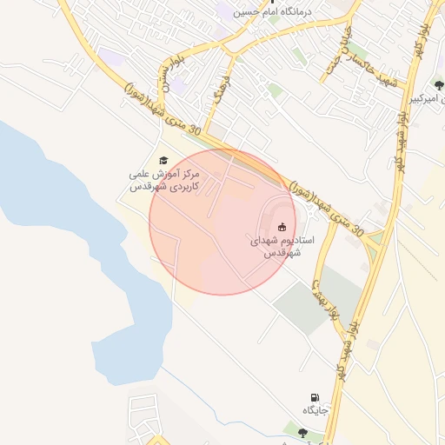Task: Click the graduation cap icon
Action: pyautogui.click(x=163, y=160)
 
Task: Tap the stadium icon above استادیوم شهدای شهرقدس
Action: pyautogui.click(x=280, y=227)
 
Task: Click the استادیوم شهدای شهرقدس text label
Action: pyautogui.click(x=282, y=246)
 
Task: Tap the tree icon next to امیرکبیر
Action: pyautogui.click(x=438, y=85)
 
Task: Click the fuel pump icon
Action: pyautogui.click(x=314, y=397)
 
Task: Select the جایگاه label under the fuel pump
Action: pyautogui.click(x=314, y=409)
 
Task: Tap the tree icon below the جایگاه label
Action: pyautogui.click(x=302, y=432)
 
